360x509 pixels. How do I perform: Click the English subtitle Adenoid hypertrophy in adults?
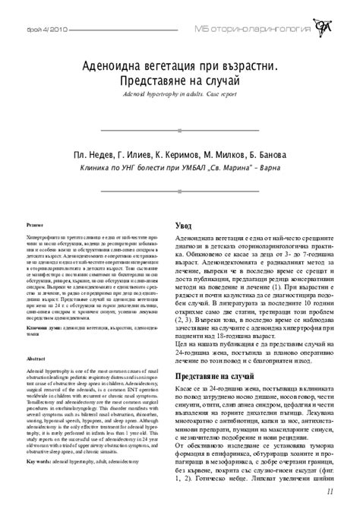pyautogui.click(x=159, y=97)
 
